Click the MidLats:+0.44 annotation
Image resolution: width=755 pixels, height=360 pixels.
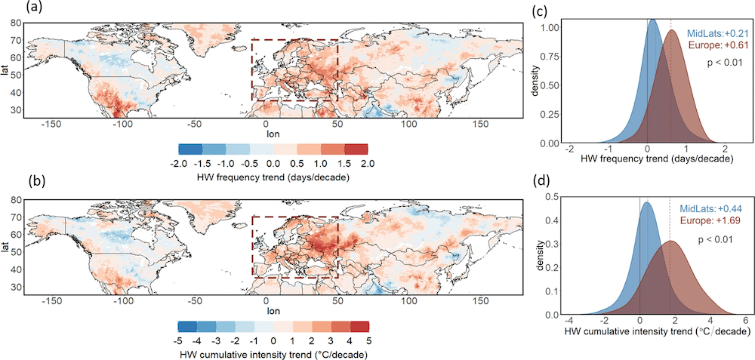click(x=710, y=208)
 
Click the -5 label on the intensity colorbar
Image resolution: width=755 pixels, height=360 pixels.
click(x=182, y=338)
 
